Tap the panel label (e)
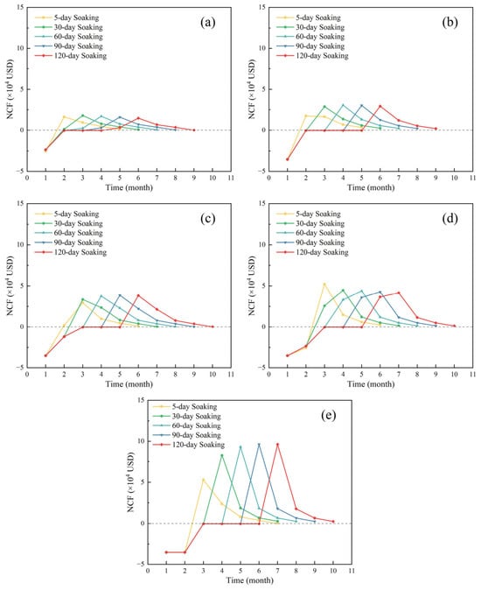coord(329,415)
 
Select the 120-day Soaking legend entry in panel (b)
coord(313,56)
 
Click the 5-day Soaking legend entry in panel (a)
coord(66,18)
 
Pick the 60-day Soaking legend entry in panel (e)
coord(187,425)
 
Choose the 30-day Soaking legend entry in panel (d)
coord(310,223)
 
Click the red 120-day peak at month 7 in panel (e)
coord(278,445)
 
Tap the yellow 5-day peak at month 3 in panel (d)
coord(324,284)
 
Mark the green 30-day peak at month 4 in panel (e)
coord(222,455)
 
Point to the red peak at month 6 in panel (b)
coord(380,106)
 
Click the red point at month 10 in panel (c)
coord(213,327)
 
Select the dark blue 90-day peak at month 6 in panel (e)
coord(259,445)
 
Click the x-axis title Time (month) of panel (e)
coord(250,580)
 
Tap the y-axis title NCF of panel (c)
coord(10,286)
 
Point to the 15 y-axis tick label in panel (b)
coord(261,7)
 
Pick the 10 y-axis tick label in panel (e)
coord(140,441)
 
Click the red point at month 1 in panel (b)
coord(288,159)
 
